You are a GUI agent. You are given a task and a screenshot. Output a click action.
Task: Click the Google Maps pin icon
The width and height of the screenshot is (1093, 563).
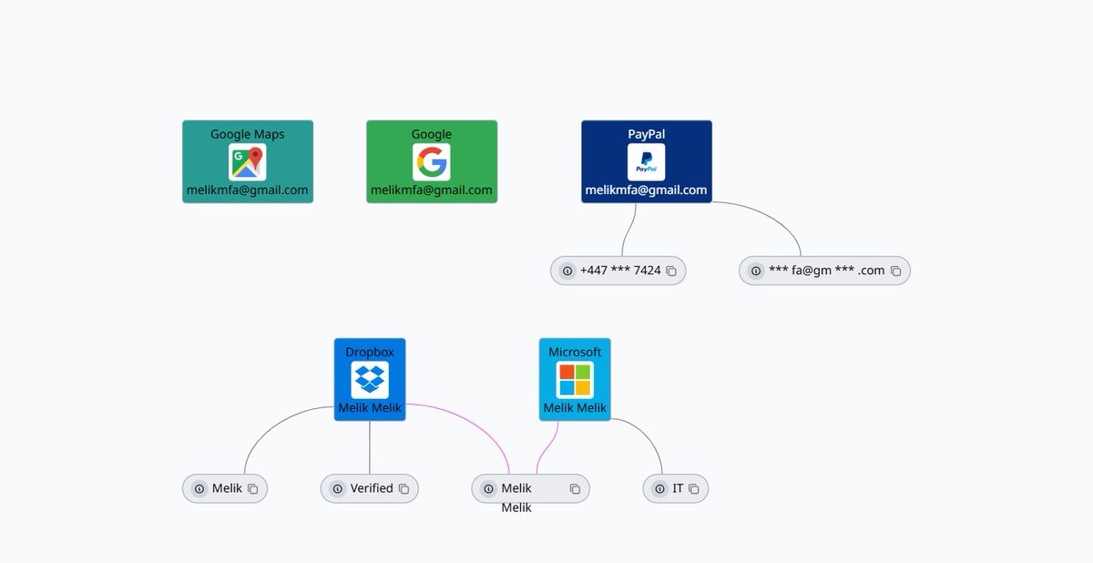tap(248, 162)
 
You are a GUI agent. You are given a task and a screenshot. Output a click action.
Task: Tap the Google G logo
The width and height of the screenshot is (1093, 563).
tap(432, 162)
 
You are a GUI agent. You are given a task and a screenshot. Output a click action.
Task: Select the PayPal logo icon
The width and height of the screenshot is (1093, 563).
tap(646, 162)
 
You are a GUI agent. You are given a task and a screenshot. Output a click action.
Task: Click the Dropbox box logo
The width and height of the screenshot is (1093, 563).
tap(370, 380)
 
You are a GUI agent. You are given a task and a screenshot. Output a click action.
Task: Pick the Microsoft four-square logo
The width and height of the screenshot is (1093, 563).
tap(575, 380)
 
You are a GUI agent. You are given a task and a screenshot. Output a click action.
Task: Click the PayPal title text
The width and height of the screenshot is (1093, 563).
tap(646, 134)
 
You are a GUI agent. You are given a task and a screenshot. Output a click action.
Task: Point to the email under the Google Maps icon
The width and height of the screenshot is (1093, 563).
tap(248, 189)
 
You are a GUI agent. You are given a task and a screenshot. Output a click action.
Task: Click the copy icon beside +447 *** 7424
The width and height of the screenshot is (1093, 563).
tap(671, 271)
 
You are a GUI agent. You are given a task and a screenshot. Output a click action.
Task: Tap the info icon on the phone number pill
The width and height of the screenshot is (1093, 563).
tap(567, 271)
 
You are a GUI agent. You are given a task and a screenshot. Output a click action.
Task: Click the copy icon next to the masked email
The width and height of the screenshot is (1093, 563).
tap(896, 271)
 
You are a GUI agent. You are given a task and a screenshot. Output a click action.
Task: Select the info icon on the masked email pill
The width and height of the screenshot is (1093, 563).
tap(756, 271)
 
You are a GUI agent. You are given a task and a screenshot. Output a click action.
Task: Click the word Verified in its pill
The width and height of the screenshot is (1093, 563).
tap(372, 488)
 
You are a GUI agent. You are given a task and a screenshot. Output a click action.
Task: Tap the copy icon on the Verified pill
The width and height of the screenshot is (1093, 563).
tap(404, 489)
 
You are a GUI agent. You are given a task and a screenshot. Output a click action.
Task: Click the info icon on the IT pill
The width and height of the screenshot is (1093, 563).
tap(659, 489)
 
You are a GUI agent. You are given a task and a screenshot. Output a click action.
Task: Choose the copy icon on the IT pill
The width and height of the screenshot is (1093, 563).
tap(694, 489)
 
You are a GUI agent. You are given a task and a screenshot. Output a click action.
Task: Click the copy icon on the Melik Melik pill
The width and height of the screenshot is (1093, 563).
tap(576, 489)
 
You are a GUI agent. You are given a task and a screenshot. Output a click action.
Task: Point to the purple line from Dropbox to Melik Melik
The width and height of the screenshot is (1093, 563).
tap(473, 423)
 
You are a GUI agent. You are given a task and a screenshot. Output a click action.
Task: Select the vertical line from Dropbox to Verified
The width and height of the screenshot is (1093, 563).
tap(370, 447)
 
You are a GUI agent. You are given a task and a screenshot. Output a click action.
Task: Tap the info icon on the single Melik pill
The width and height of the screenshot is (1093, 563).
tap(199, 489)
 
